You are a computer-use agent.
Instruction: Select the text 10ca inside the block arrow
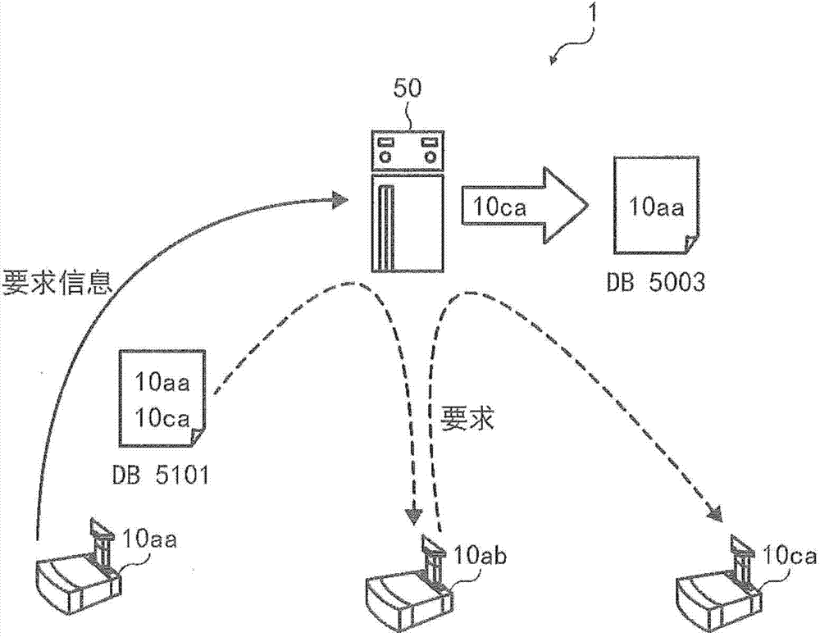(496, 206)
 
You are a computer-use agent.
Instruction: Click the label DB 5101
(160, 475)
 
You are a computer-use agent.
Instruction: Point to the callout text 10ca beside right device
(790, 557)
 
